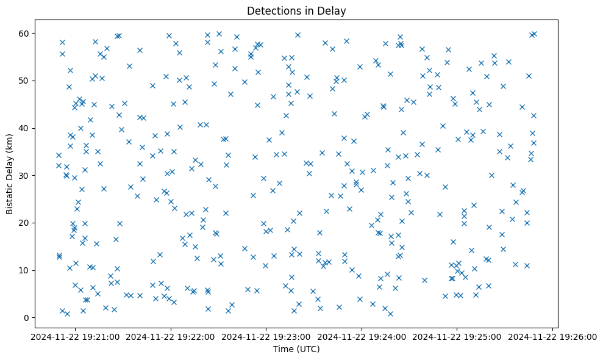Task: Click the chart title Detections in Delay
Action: tap(296, 10)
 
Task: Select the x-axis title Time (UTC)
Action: tap(296, 350)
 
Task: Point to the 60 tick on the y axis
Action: tap(27, 33)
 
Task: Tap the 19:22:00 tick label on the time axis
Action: tap(171, 336)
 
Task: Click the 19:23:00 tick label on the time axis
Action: tap(266, 336)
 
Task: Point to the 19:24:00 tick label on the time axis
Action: tap(362, 336)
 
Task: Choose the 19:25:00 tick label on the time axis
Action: tap(457, 336)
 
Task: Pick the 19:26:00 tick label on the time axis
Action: tap(553, 336)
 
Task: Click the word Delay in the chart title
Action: tap(334, 10)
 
